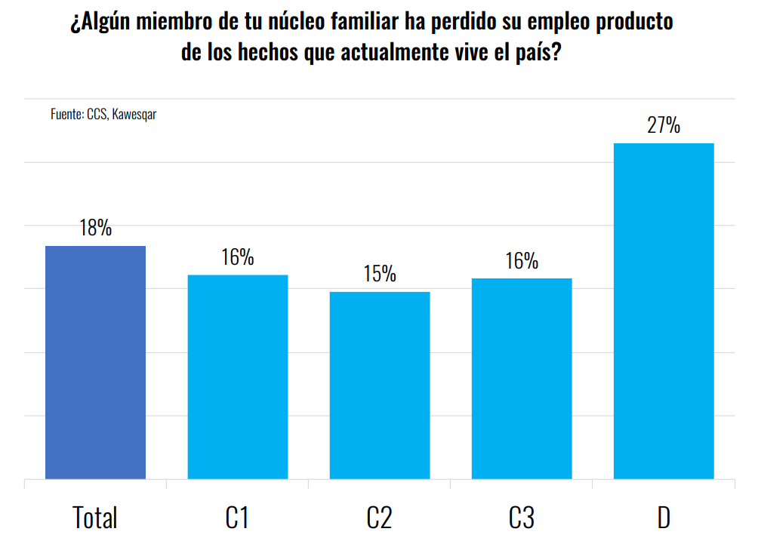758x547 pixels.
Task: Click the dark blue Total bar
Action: [95, 362]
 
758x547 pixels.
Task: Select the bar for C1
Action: [237, 376]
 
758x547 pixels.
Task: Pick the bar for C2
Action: [380, 385]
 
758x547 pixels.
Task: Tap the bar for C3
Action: [522, 378]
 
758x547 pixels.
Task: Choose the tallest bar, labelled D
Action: [664, 311]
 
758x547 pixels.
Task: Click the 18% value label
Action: [95, 228]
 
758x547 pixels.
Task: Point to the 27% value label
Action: [664, 124]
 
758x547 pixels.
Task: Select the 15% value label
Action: [380, 274]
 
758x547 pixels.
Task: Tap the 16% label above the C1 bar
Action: [237, 257]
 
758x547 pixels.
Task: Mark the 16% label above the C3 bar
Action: [522, 261]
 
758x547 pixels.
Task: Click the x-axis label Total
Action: [95, 518]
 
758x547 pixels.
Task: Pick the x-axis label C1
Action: [237, 518]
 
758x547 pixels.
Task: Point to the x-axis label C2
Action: [380, 518]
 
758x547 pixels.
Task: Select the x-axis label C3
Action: [522, 518]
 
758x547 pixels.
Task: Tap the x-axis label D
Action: [664, 518]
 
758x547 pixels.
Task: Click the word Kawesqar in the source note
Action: [134, 115]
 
